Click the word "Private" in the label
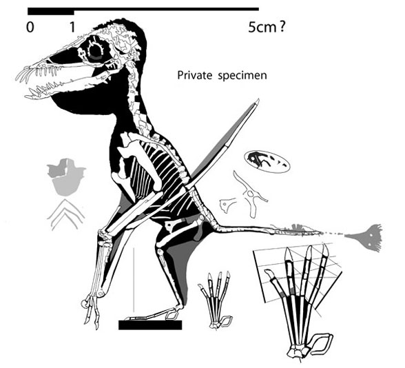pyautogui.click(x=194, y=75)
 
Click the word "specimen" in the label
pyautogui.click(x=242, y=76)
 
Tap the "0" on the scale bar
pyautogui.click(x=30, y=27)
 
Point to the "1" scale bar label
pyautogui.click(x=72, y=27)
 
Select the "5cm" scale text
pyautogui.click(x=262, y=27)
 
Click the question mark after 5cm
pyautogui.click(x=282, y=27)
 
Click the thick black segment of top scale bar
pyautogui.click(x=51, y=11)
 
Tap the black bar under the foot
pyautogui.click(x=150, y=325)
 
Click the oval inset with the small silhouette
pyautogui.click(x=267, y=162)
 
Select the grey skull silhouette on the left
pyautogui.click(x=66, y=176)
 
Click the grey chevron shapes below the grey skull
pyautogui.click(x=66, y=215)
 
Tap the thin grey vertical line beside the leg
pyautogui.click(x=134, y=280)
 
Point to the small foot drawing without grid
pyautogui.click(x=216, y=300)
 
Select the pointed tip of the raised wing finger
pyautogui.click(x=258, y=99)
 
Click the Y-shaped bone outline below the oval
pyautogui.click(x=249, y=193)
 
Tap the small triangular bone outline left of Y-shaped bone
pyautogui.click(x=227, y=205)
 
